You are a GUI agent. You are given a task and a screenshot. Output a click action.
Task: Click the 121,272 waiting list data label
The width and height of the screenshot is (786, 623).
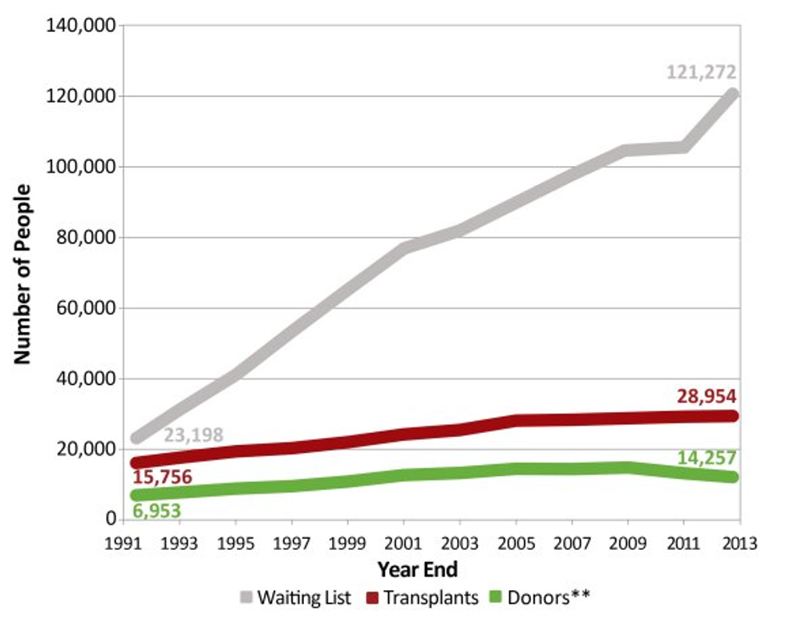pyautogui.click(x=701, y=72)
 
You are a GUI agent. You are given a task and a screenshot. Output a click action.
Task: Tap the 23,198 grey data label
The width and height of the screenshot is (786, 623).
pyautogui.click(x=193, y=435)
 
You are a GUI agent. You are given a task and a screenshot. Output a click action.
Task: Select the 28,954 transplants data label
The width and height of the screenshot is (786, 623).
pyautogui.click(x=705, y=395)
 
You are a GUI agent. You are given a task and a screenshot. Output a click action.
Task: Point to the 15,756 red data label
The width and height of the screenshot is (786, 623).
pyautogui.click(x=163, y=479)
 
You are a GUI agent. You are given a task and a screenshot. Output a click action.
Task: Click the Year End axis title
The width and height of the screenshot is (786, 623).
pyautogui.click(x=417, y=570)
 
